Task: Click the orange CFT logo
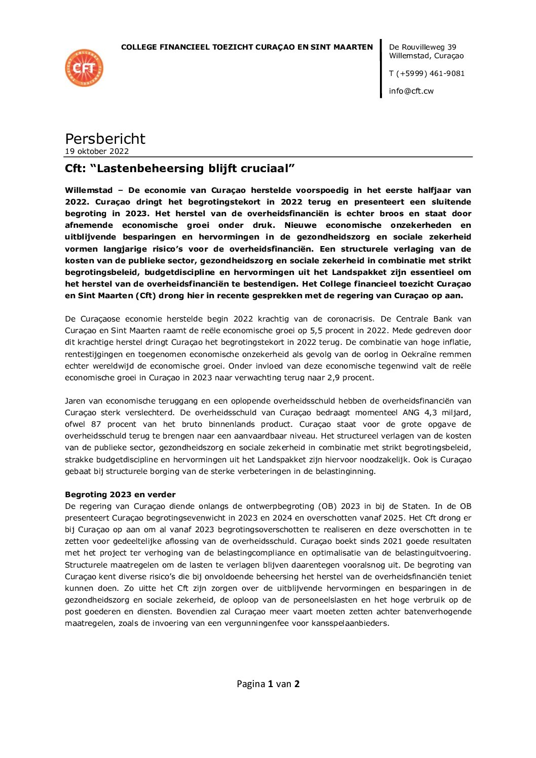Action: click(84, 68)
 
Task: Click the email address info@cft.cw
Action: click(411, 91)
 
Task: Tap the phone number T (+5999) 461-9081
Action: click(427, 73)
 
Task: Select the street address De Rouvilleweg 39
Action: click(423, 47)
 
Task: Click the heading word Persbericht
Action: click(105, 139)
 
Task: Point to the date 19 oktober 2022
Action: click(97, 151)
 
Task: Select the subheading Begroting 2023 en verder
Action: click(120, 495)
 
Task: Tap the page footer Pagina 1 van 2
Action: click(268, 684)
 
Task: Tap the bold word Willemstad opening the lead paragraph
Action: click(89, 190)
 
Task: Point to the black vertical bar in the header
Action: click(381, 69)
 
